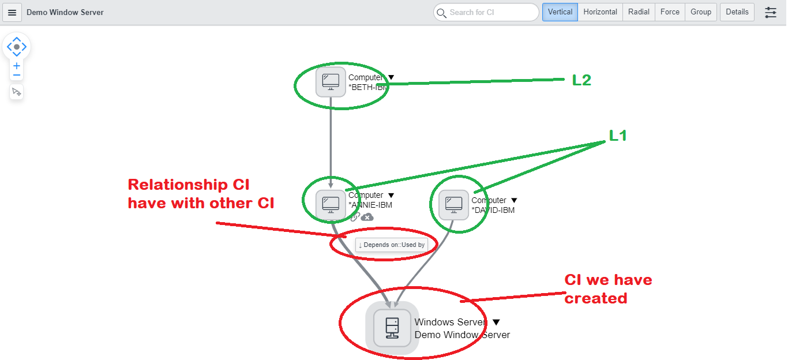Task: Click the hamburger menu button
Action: [12, 12]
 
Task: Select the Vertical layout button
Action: [560, 12]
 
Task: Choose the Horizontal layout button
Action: [600, 12]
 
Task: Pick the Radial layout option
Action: [639, 12]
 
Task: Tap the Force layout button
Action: [670, 12]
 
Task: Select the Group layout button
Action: [701, 12]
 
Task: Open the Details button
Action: [737, 12]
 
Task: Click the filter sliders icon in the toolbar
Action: [771, 12]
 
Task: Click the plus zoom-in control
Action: [17, 66]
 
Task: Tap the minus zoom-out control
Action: [17, 76]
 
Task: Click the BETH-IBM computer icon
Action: [331, 82]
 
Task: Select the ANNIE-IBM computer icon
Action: [331, 204]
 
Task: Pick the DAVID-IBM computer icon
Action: [453, 205]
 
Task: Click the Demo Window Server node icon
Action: [392, 328]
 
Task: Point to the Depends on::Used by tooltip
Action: [392, 245]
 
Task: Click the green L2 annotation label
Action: [581, 80]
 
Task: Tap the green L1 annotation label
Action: [618, 136]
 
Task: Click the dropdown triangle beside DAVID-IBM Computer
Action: [514, 201]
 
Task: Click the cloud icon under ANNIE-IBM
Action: [367, 217]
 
